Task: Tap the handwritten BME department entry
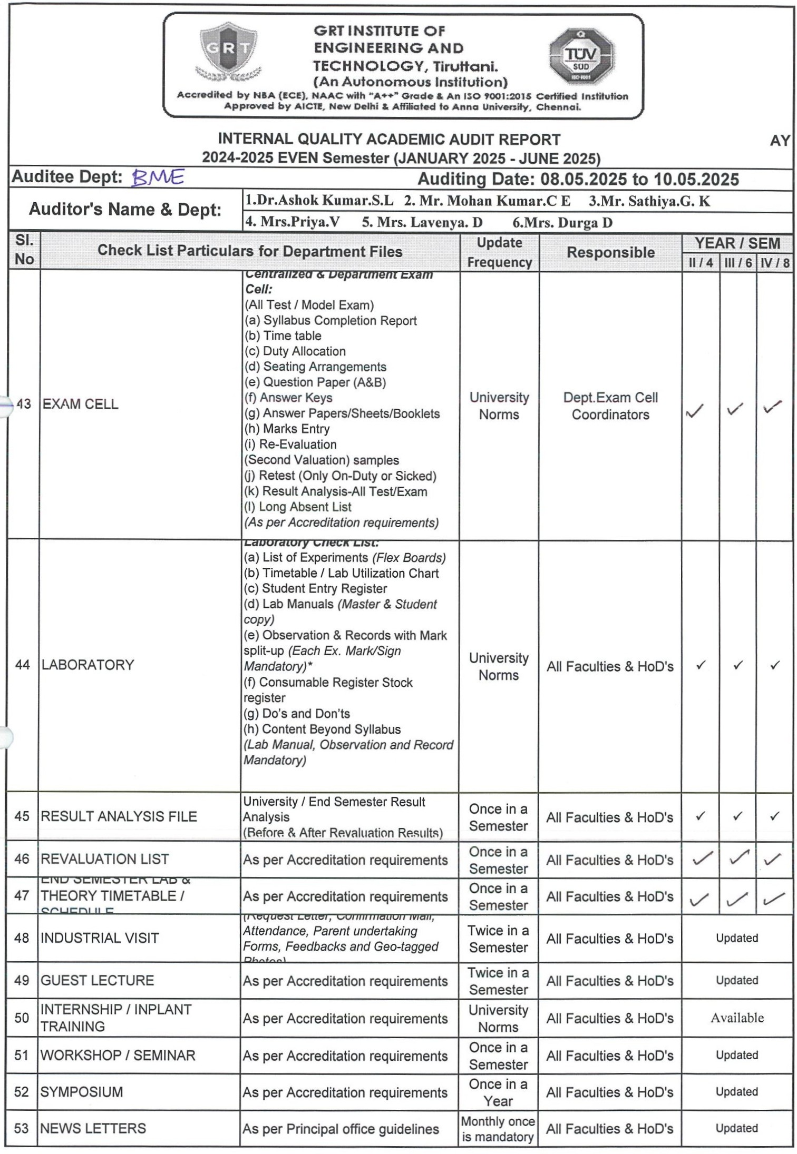(157, 177)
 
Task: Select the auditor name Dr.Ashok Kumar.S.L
(319, 201)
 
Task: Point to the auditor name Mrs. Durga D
(562, 223)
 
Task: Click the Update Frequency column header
(499, 252)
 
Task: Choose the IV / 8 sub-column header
(774, 263)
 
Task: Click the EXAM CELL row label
(80, 404)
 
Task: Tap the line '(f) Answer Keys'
(288, 398)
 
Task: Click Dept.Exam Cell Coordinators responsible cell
(610, 406)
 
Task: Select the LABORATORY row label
(88, 665)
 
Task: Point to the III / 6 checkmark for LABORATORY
(738, 665)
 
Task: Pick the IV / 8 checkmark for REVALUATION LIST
(772, 859)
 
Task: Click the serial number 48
(22, 938)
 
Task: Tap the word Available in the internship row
(737, 1018)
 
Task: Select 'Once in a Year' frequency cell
(498, 1092)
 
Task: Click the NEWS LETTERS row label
(93, 1128)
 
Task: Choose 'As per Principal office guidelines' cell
(341, 1129)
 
